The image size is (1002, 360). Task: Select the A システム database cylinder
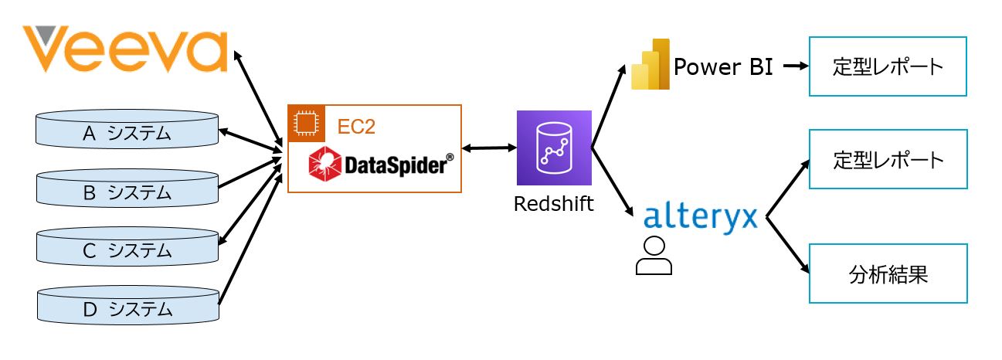[x=127, y=132]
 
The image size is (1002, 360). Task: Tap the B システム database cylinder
[x=127, y=191]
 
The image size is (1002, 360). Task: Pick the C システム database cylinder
[x=127, y=250]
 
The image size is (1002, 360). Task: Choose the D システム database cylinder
[x=127, y=308]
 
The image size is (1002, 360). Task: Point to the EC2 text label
[x=357, y=127]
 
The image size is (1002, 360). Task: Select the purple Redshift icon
[x=554, y=148]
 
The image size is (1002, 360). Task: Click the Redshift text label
[x=554, y=204]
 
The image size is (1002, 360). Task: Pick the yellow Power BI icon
[x=648, y=63]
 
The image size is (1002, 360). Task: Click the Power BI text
[x=723, y=66]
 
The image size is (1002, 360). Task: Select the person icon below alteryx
[x=654, y=256]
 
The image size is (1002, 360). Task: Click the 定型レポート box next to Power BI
[x=888, y=66]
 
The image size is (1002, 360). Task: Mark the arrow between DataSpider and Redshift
[x=489, y=147]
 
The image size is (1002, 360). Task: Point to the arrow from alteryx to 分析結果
[x=787, y=246]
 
